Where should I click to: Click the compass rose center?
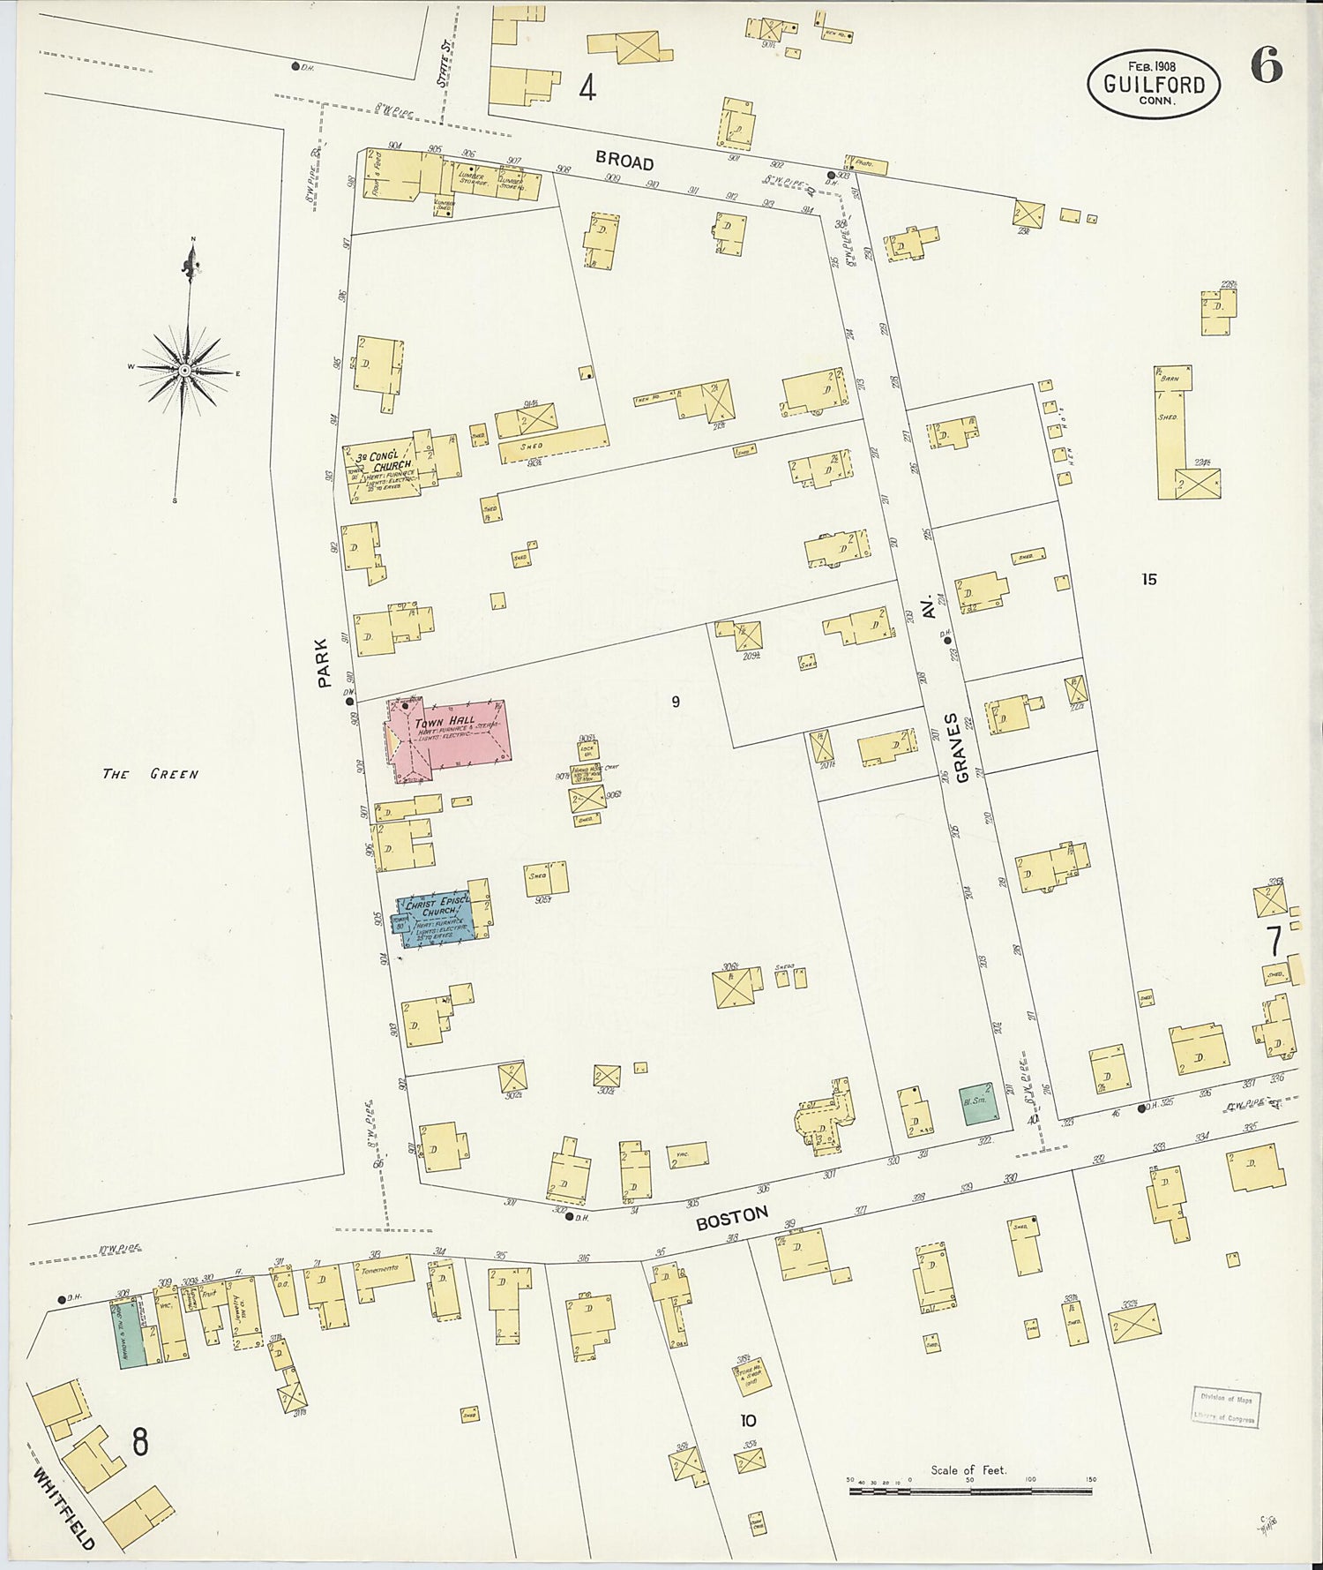tap(185, 371)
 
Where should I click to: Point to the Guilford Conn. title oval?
tap(1155, 84)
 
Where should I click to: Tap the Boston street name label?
tap(732, 1218)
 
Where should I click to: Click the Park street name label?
tap(324, 664)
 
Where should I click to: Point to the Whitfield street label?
tap(64, 1509)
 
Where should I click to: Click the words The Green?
tap(150, 774)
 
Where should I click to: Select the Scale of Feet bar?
tap(970, 1491)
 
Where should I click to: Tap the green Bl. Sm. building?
tap(980, 1104)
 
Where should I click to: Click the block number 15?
tap(1148, 579)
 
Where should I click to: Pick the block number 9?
tap(676, 702)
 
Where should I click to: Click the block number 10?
tap(748, 1420)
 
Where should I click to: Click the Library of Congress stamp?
tap(1225, 1408)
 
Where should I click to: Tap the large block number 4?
tap(587, 87)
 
